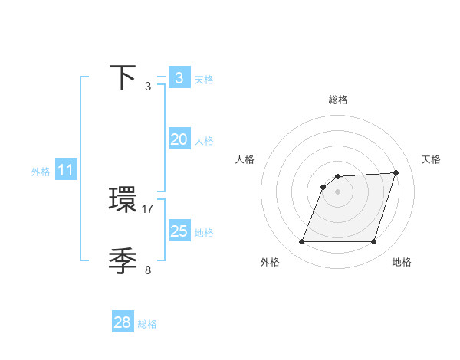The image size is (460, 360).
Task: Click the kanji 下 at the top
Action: pos(123,79)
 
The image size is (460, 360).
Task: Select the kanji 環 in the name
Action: pos(123,201)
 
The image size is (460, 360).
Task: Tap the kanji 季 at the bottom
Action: pos(123,261)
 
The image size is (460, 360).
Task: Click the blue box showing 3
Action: pos(179,78)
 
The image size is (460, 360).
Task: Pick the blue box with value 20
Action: pos(179,139)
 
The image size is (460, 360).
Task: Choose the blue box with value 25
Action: pos(179,231)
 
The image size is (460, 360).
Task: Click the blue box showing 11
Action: pos(65,171)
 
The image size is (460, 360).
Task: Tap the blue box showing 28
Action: pos(123,322)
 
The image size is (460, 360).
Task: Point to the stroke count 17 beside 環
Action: pos(148,208)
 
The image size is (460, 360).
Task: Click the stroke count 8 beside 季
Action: pos(148,269)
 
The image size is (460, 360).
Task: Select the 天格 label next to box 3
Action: pos(204,80)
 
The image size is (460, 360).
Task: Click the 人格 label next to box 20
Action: pos(204,141)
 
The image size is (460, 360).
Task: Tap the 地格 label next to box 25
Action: pos(204,233)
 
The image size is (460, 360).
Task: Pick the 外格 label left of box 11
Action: pos(41,172)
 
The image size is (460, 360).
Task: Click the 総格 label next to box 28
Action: pos(147,324)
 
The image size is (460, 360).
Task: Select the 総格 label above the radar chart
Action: pos(338,100)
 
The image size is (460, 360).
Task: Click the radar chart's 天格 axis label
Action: pos(432,159)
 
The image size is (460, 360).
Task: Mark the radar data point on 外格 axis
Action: pos(301,242)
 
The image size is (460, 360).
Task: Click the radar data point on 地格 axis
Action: pos(374,242)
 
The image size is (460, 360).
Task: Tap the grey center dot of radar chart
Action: pos(338,191)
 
